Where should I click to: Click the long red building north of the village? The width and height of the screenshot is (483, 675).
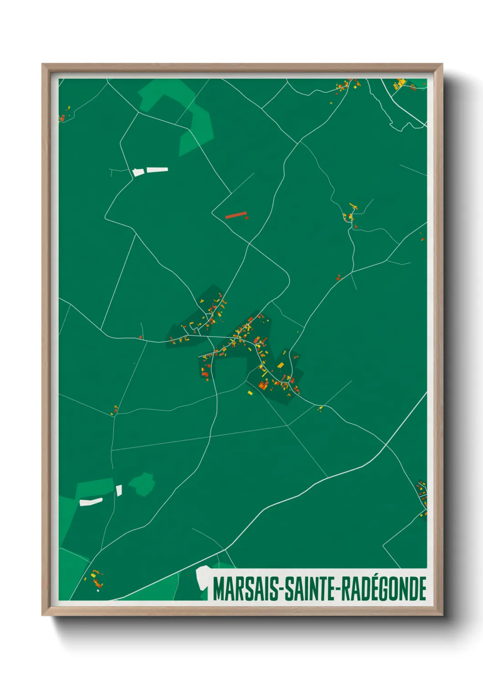(236, 215)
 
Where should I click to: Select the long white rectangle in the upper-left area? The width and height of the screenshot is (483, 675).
(157, 170)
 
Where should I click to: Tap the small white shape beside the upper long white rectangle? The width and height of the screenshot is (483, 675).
(138, 172)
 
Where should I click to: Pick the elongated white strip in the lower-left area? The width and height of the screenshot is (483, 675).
(91, 502)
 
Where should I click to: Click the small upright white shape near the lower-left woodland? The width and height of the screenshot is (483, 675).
(119, 490)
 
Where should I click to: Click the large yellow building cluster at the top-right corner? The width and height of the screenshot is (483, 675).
(400, 84)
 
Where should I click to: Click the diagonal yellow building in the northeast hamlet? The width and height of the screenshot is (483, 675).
(353, 206)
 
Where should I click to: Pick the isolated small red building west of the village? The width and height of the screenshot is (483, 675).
(141, 337)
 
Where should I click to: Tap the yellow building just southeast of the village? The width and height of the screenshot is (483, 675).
(320, 408)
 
